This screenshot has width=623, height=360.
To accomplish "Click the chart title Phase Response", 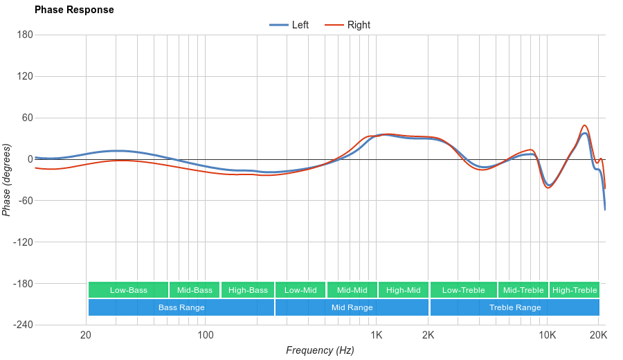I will click(74, 10).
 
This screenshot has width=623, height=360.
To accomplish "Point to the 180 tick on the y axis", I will click(25, 35).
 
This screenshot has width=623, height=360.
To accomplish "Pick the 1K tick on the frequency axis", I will click(376, 336).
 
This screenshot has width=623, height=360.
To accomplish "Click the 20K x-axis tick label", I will click(599, 336).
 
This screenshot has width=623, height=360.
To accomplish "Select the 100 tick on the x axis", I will click(206, 336).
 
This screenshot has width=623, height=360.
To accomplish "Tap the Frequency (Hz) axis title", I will click(320, 350).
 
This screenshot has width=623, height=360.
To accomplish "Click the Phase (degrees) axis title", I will click(7, 180).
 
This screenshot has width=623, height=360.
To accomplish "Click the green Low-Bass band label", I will click(128, 290).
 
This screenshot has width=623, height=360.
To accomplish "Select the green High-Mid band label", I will click(404, 290).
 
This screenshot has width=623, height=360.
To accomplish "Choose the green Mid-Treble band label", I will click(523, 290).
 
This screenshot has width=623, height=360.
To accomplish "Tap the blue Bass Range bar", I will click(181, 307).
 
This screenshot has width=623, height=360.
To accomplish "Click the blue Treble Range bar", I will click(515, 307).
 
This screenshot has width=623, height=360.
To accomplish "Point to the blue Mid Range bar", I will click(352, 307).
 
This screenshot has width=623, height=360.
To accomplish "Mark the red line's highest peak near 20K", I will click(585, 125).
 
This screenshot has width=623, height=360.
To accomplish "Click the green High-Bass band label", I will click(248, 290).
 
